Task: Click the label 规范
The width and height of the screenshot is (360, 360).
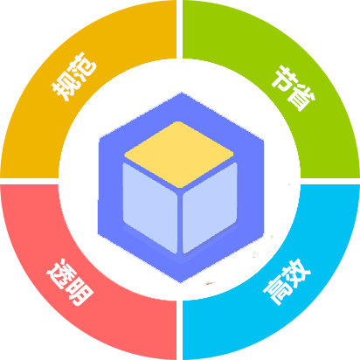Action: (74, 76)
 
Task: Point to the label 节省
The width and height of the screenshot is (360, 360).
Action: (293, 88)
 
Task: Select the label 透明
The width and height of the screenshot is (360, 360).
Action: (70, 282)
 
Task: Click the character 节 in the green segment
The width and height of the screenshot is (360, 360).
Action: (282, 78)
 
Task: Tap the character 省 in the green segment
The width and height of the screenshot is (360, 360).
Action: (301, 99)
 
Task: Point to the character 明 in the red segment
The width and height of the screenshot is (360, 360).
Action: (80, 292)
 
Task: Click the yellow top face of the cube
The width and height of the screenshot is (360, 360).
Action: (179, 155)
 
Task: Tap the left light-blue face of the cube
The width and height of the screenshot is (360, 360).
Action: (150, 207)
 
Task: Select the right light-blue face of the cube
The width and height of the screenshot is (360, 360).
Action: (210, 207)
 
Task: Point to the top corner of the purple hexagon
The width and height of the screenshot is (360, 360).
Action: (182, 93)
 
